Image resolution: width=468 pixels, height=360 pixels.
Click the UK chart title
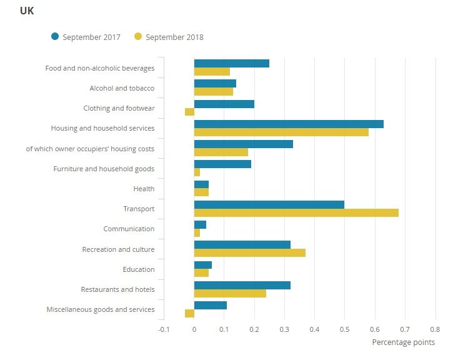point(27,11)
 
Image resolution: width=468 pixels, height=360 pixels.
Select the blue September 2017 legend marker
point(55,37)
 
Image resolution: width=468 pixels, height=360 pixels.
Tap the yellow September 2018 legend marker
point(138,37)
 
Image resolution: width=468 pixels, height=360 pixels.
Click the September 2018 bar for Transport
point(296,213)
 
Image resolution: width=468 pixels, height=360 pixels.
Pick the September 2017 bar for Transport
point(269,204)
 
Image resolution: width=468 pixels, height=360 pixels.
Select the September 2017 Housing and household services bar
point(289,124)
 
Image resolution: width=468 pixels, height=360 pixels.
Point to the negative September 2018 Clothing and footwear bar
point(189,112)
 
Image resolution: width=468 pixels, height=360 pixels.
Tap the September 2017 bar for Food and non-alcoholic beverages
point(231,63)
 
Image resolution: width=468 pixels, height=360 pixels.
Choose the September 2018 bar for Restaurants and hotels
point(230,293)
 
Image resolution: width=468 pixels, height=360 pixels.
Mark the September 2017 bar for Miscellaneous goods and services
point(210,305)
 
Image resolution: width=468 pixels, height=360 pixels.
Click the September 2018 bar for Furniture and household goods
point(197,172)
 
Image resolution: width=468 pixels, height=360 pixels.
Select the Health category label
point(144,189)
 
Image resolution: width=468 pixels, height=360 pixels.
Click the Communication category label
point(129,229)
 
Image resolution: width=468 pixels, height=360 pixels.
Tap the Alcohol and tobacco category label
point(122,88)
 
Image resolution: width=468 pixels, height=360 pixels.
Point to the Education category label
point(138,269)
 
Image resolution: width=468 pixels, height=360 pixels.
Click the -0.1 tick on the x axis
point(163,329)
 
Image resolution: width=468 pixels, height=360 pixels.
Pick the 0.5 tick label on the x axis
point(344,329)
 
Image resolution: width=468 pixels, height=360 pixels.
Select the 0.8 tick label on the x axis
point(435,329)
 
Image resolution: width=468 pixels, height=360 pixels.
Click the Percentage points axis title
point(403,342)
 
